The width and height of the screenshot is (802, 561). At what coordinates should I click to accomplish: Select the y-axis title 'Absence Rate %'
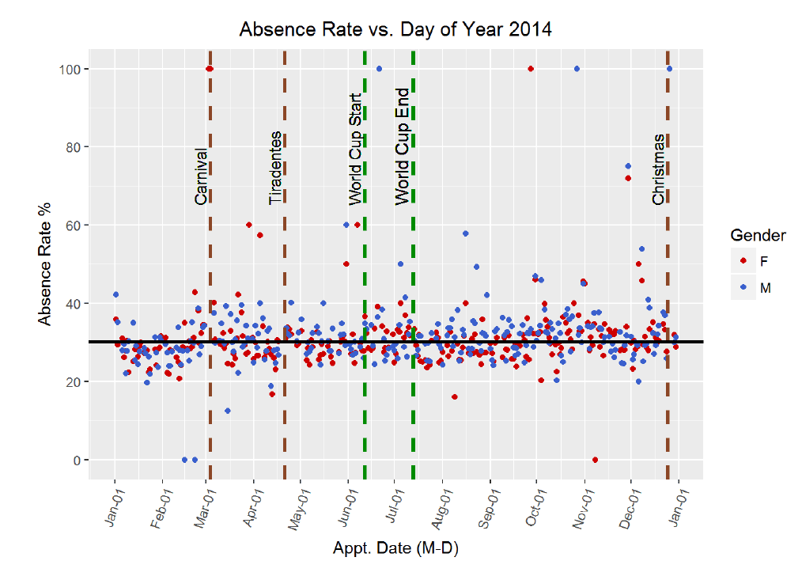pyautogui.click(x=47, y=264)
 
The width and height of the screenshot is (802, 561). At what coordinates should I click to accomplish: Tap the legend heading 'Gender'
pyautogui.click(x=758, y=235)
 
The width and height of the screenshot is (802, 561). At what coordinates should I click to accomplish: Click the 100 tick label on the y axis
pyautogui.click(x=67, y=69)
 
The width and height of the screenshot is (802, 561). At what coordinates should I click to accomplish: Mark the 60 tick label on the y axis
pyautogui.click(x=70, y=226)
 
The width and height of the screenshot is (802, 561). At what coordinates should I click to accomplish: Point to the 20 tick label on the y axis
pyautogui.click(x=70, y=381)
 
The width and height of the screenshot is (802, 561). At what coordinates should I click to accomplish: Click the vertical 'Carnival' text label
pyautogui.click(x=202, y=176)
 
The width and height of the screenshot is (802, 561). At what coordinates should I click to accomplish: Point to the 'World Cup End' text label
pyautogui.click(x=403, y=146)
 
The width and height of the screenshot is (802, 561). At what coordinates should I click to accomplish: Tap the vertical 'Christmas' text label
pyautogui.click(x=659, y=169)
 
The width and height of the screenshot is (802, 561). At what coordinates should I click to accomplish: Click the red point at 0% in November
pyautogui.click(x=595, y=460)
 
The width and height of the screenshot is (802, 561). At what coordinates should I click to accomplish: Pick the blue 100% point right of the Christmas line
pyautogui.click(x=670, y=69)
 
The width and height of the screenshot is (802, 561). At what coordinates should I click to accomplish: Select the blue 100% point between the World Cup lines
pyautogui.click(x=379, y=69)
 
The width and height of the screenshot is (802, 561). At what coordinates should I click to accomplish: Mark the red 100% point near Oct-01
pyautogui.click(x=531, y=69)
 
